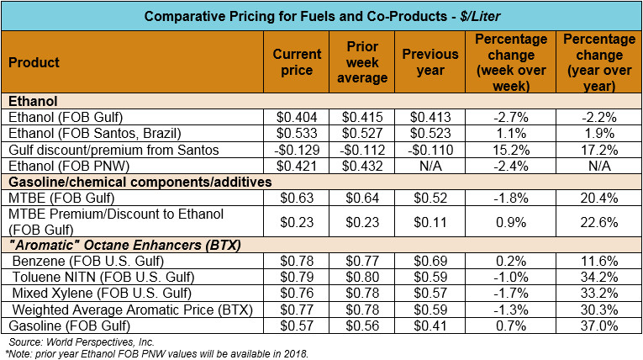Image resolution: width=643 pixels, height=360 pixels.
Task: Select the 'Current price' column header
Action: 298,62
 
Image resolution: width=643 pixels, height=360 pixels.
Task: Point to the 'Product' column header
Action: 33,62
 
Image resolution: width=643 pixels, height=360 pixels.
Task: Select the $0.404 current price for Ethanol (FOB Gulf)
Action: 298,117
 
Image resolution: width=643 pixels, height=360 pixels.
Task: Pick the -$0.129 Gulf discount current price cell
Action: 298,149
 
